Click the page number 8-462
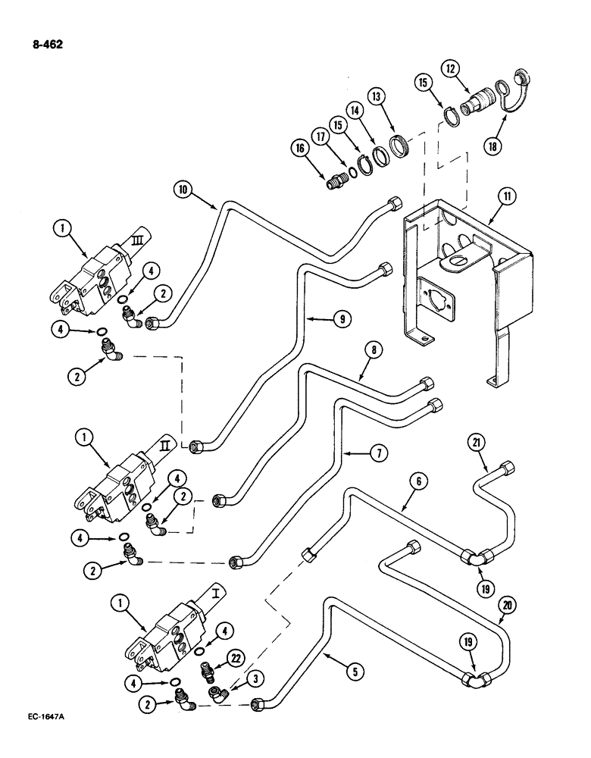[x=47, y=44]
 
